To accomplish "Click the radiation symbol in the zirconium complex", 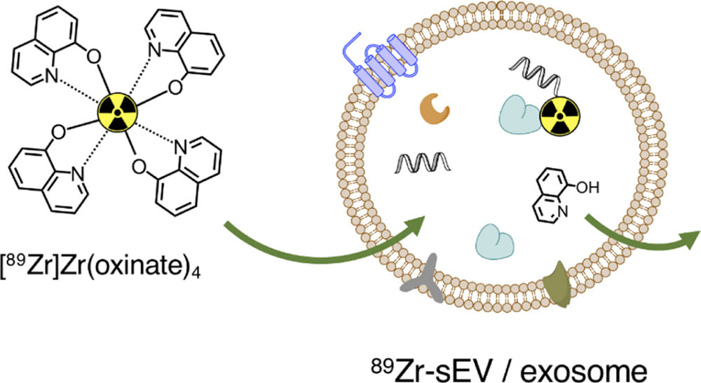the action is (x=116, y=113).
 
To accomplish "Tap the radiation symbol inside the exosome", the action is (x=559, y=116).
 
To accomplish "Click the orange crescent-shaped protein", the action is (x=434, y=110).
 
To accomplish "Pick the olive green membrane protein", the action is (x=557, y=285).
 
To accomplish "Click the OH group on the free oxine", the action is (x=587, y=187).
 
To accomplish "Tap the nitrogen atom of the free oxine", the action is (x=563, y=210).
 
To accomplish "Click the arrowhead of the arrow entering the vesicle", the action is (x=414, y=224).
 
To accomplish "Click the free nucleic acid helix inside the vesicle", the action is (x=423, y=162).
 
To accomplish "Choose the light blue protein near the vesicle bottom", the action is (x=495, y=241).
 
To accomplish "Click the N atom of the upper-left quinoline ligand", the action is (x=51, y=77).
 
